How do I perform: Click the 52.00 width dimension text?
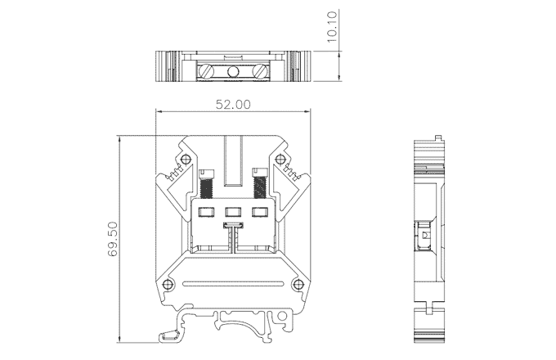pyautogui.click(x=233, y=104)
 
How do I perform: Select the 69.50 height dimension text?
pyautogui.click(x=113, y=239)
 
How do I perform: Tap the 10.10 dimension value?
pyautogui.click(x=331, y=27)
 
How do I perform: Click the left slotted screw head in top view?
pyautogui.click(x=206, y=71)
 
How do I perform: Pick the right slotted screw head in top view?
pyautogui.click(x=259, y=71)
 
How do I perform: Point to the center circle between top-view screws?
pyautogui.click(x=232, y=72)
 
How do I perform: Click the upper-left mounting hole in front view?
pyautogui.click(x=185, y=159)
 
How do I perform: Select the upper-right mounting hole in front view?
pyautogui.click(x=280, y=159)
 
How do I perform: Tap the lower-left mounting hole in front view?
pyautogui.click(x=168, y=284)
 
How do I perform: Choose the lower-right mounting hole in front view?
pyautogui.click(x=298, y=284)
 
